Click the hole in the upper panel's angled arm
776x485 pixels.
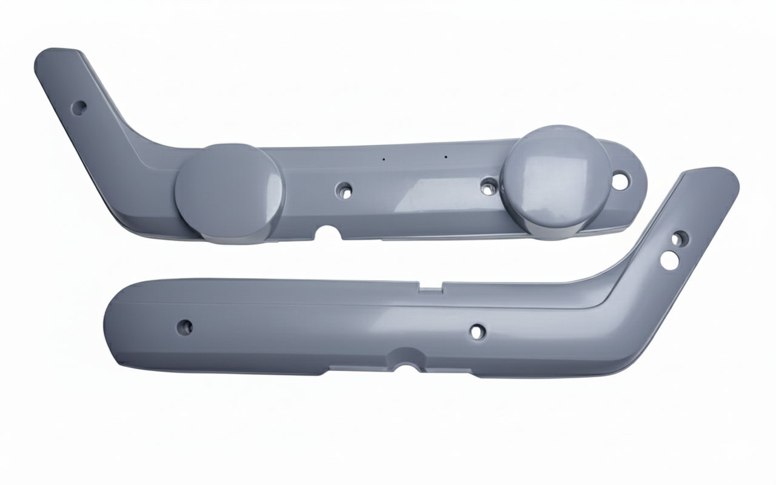click(x=79, y=108)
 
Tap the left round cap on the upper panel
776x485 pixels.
click(x=229, y=192)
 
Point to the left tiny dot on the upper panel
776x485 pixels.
click(x=383, y=159)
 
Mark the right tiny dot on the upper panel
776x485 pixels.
click(x=446, y=157)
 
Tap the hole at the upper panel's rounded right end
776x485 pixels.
click(x=620, y=180)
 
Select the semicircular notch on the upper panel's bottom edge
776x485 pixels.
click(x=329, y=232)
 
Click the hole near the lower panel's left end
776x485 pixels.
click(x=184, y=327)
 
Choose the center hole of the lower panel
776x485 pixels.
click(x=478, y=332)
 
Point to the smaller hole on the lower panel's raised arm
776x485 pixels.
click(x=679, y=238)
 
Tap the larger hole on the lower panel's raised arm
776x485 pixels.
click(x=669, y=260)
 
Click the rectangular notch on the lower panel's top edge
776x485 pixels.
click(x=430, y=287)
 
